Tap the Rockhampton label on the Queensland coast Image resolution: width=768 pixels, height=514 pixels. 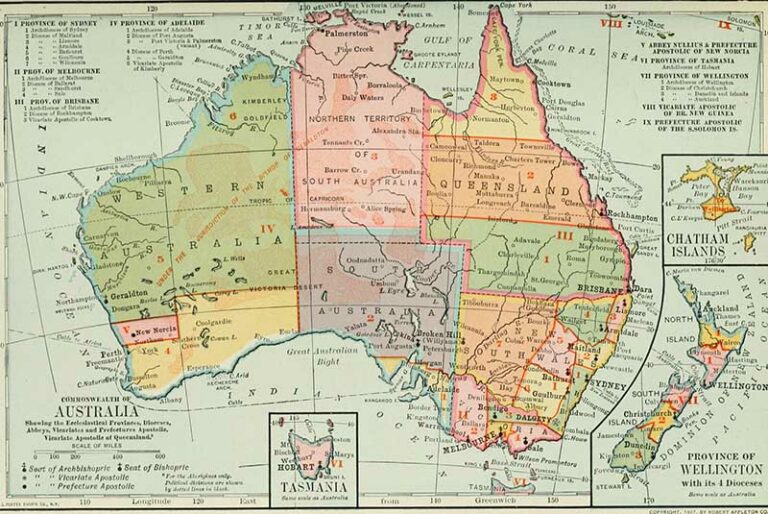[629, 216]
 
